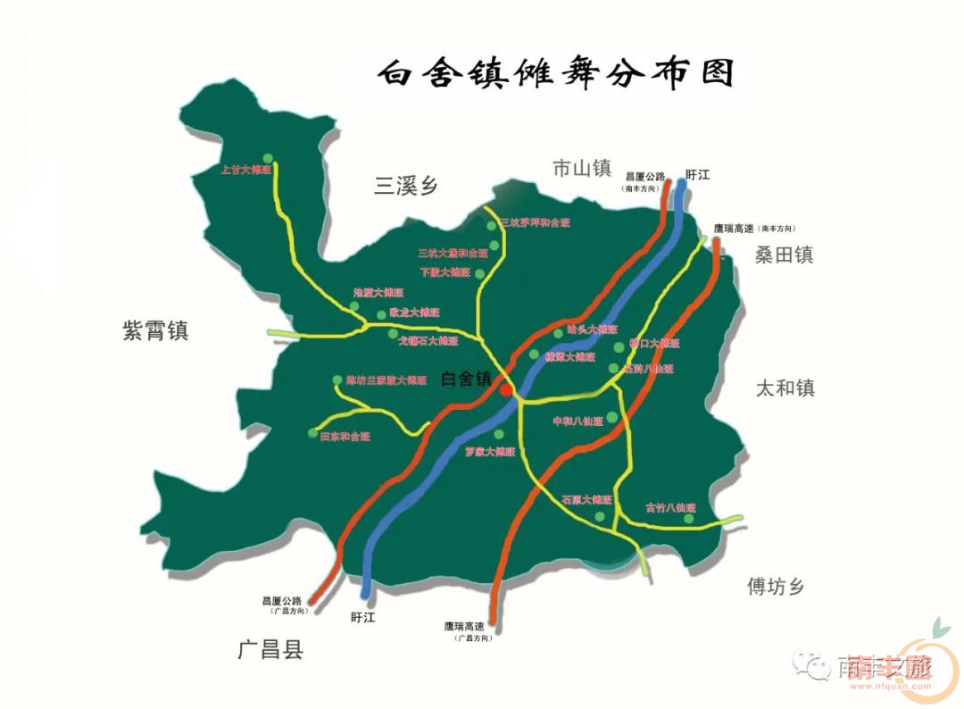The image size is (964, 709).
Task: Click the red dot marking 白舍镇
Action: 506,390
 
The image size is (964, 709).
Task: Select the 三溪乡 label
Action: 406,186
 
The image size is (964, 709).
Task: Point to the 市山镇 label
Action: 581,168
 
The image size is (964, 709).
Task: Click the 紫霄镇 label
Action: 155,331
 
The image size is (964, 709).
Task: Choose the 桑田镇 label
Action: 784,255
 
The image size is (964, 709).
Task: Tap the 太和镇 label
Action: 785,388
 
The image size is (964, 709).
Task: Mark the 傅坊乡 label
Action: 776,587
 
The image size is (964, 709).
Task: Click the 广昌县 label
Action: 270,649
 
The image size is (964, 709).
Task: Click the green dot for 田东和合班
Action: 312,434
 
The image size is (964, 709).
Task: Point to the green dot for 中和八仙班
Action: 611,418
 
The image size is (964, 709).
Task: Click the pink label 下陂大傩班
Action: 445,272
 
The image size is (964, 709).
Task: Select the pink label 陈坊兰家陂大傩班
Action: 386,380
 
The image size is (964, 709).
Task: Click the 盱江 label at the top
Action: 697,175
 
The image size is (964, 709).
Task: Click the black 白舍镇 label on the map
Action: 467,379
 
